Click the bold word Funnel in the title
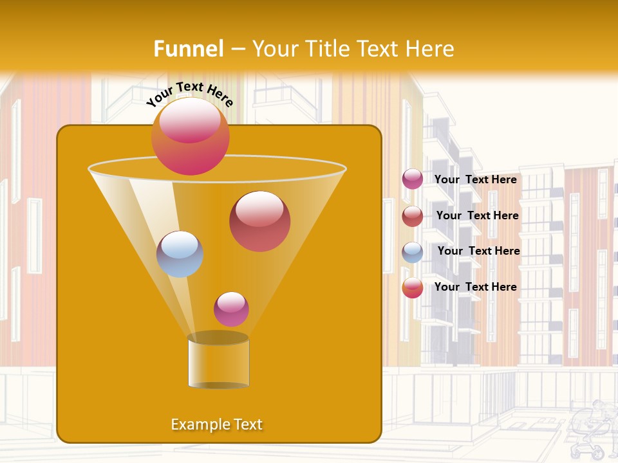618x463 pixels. click(188, 49)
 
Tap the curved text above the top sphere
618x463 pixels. click(189, 93)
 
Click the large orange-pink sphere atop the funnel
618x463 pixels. click(190, 136)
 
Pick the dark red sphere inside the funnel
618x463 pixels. click(259, 221)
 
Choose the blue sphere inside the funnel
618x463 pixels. click(180, 254)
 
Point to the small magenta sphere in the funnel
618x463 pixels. click(231, 309)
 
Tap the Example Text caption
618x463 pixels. click(217, 424)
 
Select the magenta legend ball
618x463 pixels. click(413, 179)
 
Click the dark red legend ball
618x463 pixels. click(413, 216)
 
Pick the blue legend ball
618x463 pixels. click(413, 252)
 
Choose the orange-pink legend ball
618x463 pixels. click(413, 287)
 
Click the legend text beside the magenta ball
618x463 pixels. click(475, 180)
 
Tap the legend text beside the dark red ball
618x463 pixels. click(477, 216)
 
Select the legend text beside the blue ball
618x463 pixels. click(478, 251)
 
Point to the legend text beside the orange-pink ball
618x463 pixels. click(475, 287)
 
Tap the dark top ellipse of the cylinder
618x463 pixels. click(218, 338)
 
